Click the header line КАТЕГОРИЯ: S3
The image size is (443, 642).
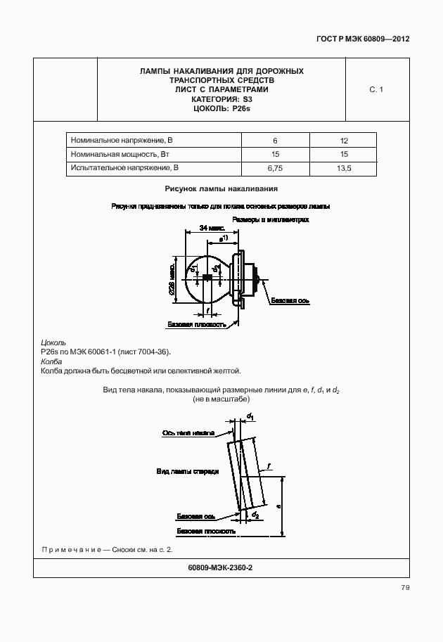click(x=222, y=99)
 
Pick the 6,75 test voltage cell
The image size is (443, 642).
click(x=275, y=169)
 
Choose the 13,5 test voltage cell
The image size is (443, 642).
click(x=344, y=169)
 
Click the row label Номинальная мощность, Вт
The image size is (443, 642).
click(x=120, y=154)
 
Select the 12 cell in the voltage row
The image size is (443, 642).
click(x=344, y=140)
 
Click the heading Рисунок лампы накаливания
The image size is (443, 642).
click(x=222, y=188)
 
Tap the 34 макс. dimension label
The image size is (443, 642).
click(x=212, y=228)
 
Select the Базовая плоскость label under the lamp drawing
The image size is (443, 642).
click(x=197, y=325)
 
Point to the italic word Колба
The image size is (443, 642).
click(x=51, y=361)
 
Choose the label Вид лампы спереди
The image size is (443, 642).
click(x=187, y=471)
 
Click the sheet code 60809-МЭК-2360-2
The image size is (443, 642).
click(x=222, y=567)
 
